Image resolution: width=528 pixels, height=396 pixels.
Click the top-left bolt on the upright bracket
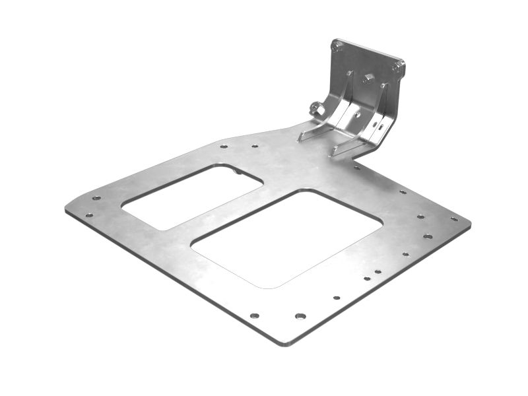coord(337,47)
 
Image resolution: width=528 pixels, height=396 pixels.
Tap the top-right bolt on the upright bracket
coord(397,67)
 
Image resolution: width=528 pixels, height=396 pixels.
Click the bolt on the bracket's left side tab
coord(316,109)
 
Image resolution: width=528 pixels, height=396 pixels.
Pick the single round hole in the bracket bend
coord(357,114)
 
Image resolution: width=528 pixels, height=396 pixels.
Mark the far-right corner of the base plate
coord(469,224)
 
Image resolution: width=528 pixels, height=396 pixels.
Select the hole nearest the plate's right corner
coord(453,218)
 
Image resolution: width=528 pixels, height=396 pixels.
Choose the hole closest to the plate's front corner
coord(300,316)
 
